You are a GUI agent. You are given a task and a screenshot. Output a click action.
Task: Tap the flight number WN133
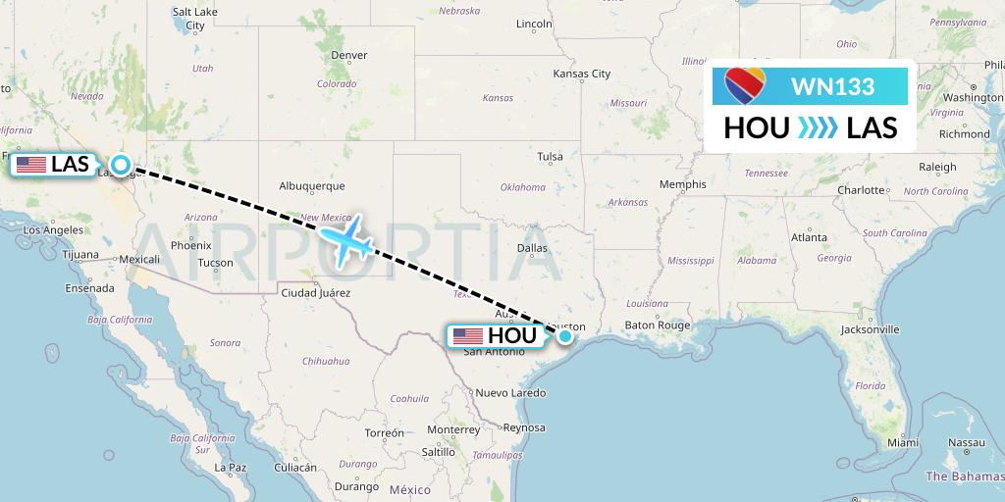point(832,86)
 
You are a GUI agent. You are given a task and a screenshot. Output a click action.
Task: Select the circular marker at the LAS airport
point(121,165)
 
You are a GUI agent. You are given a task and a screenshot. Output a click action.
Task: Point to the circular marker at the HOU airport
point(565,336)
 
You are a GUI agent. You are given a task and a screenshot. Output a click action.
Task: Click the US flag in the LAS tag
point(31,164)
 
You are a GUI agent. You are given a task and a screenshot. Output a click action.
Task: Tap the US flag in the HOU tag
point(467,336)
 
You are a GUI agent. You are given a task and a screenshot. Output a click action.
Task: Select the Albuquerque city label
point(312,185)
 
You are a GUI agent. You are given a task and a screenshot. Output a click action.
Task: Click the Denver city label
point(349,55)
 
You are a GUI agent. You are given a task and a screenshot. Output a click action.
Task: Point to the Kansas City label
point(582,74)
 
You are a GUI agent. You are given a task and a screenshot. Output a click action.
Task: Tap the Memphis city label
point(683,184)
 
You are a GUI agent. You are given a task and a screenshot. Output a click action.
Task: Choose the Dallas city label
point(532,248)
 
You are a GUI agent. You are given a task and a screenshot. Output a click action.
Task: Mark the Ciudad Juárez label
point(313,292)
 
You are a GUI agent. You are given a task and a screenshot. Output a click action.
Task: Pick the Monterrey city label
point(452,429)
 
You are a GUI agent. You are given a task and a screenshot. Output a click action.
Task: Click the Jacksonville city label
point(870,329)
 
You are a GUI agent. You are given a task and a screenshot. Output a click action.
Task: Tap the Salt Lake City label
point(194,18)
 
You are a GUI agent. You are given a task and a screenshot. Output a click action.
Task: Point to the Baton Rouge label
point(658,325)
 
